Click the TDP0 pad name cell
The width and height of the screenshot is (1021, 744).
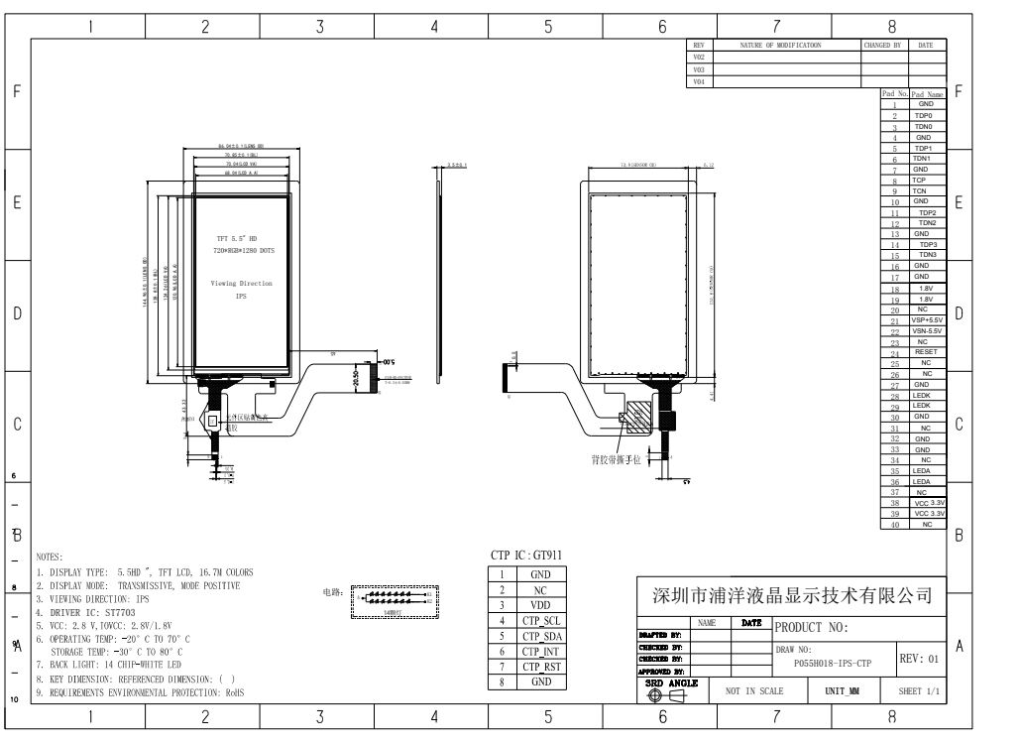click(x=924, y=115)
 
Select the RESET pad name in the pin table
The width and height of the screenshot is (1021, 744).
click(x=925, y=352)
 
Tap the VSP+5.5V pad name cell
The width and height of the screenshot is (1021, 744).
click(x=927, y=320)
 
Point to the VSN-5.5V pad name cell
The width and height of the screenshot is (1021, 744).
click(x=927, y=331)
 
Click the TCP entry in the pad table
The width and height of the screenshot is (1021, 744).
click(x=919, y=181)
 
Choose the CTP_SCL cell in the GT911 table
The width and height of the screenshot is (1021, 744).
click(x=541, y=620)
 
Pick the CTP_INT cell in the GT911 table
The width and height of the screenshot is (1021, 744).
click(x=541, y=652)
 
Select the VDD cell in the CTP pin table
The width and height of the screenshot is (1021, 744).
click(x=541, y=605)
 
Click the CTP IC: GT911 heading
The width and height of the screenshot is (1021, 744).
click(x=531, y=556)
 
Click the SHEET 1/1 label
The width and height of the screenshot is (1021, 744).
click(x=918, y=690)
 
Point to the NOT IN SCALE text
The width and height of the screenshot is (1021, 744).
click(x=753, y=690)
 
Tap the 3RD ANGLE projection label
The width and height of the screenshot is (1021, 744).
click(x=672, y=682)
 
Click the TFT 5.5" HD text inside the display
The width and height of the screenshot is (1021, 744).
click(x=237, y=239)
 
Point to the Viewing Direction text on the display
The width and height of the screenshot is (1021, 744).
click(x=241, y=284)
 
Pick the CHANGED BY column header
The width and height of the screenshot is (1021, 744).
click(x=882, y=46)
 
